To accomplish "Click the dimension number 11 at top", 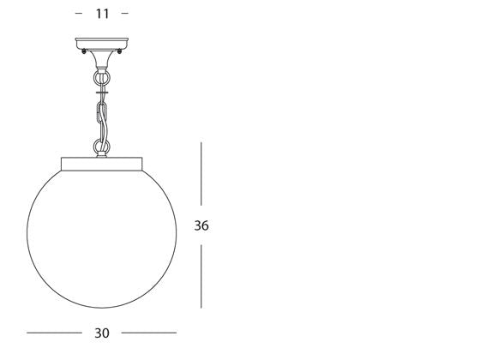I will click(102, 13).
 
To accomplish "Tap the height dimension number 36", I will click(201, 226).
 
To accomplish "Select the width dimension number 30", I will click(102, 333).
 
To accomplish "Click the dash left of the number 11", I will click(80, 13).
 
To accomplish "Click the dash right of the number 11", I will click(124, 13).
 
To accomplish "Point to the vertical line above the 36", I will click(201, 176).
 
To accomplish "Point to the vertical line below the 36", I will click(201, 276).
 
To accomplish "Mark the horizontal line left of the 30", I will click(53, 333).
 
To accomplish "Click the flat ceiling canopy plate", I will click(102, 43).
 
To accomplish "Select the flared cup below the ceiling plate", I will click(102, 61).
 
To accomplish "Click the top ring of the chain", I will click(102, 77).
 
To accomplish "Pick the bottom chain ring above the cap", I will click(102, 147).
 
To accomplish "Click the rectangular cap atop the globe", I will click(102, 161).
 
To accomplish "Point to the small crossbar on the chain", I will click(102, 88).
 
